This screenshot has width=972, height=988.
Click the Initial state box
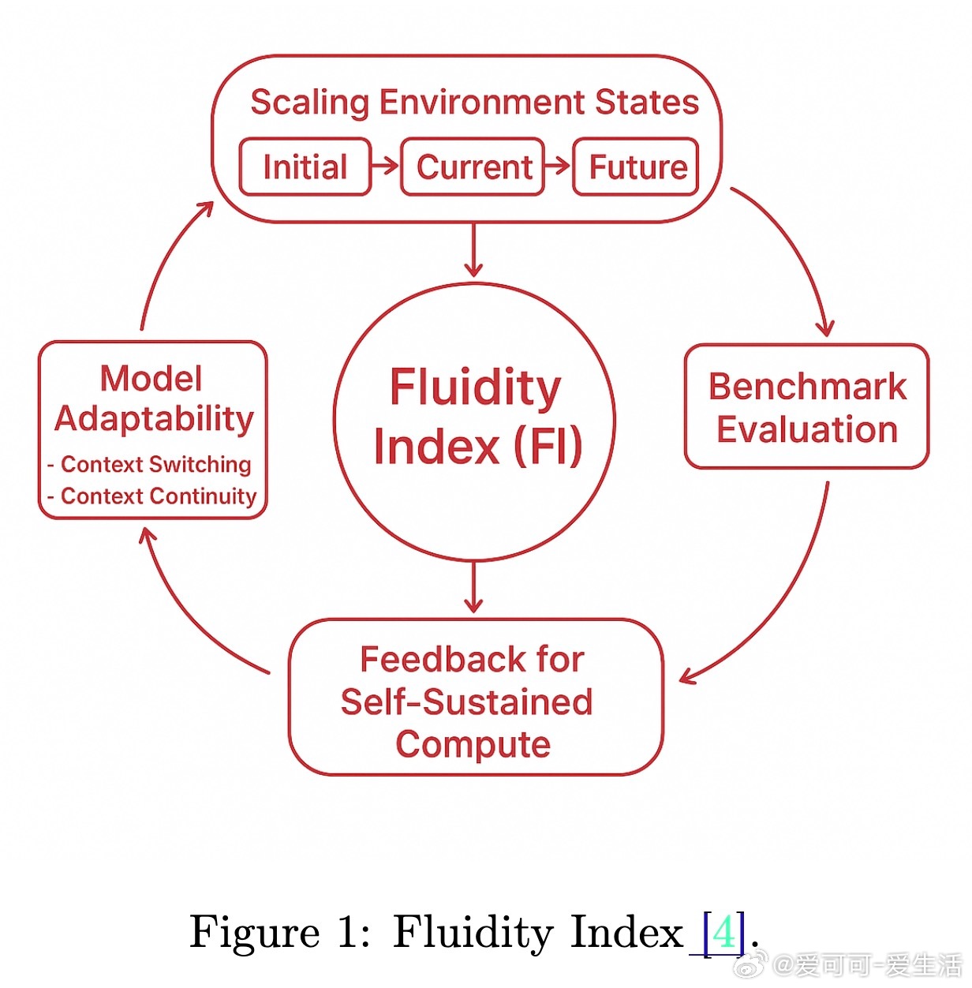point(305,167)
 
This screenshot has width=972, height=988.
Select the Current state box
point(473,167)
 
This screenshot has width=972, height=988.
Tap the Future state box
point(636,167)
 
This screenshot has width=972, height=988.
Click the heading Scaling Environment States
point(474,103)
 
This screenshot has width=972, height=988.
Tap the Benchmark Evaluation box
point(806,407)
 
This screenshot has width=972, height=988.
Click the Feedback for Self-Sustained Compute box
point(473,698)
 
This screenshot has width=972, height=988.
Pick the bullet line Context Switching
point(155,464)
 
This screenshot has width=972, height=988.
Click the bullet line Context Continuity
point(158,496)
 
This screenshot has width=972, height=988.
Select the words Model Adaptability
point(153,399)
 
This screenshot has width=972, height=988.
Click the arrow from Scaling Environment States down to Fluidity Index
point(473,251)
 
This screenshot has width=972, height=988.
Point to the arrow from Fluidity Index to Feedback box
point(473,588)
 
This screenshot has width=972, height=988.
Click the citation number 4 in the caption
point(723,932)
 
